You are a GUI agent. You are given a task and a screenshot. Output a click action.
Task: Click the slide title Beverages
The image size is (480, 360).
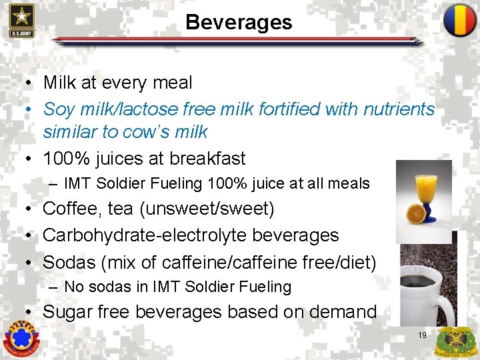239,22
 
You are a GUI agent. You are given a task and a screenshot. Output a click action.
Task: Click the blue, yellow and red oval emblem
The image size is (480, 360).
460,20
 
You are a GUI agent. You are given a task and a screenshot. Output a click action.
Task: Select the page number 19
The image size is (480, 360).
422,335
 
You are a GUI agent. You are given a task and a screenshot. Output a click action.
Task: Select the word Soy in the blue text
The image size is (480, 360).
58,109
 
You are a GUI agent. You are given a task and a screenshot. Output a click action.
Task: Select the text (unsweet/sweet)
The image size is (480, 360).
207,209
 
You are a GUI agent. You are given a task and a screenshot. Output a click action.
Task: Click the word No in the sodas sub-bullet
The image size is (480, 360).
73,287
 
